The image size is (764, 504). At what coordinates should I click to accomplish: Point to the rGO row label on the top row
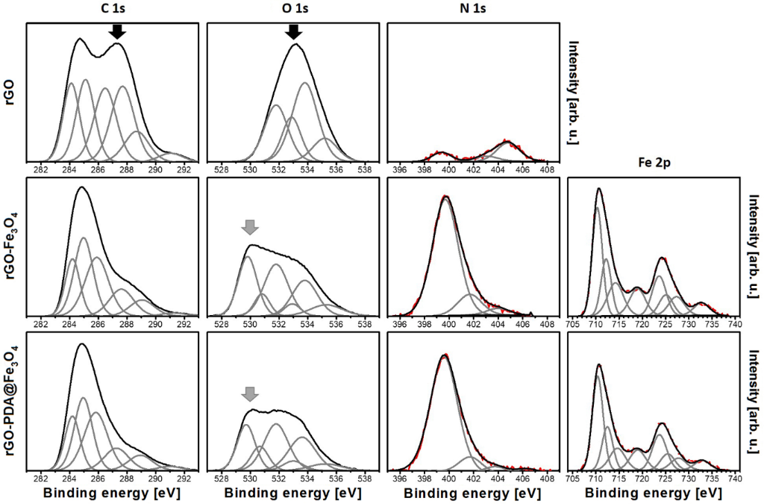11,93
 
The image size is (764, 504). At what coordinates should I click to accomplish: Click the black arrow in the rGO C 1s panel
116,31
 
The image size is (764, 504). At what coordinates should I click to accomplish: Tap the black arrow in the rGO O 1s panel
294,31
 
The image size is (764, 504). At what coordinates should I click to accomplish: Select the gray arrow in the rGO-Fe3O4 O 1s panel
250,227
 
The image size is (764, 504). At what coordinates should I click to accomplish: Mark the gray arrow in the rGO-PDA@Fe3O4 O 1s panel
250,393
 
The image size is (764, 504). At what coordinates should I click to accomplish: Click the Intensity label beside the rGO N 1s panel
574,93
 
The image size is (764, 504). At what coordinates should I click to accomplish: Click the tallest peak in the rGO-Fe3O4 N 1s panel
446,198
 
